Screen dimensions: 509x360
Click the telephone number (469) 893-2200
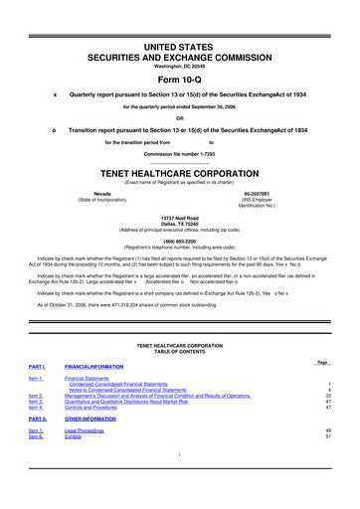(x=180, y=238)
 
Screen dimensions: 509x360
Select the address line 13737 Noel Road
(x=180, y=216)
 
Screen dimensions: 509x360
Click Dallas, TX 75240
(x=180, y=222)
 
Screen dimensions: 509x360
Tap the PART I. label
(x=38, y=366)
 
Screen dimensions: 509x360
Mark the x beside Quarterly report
(x=55, y=95)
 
